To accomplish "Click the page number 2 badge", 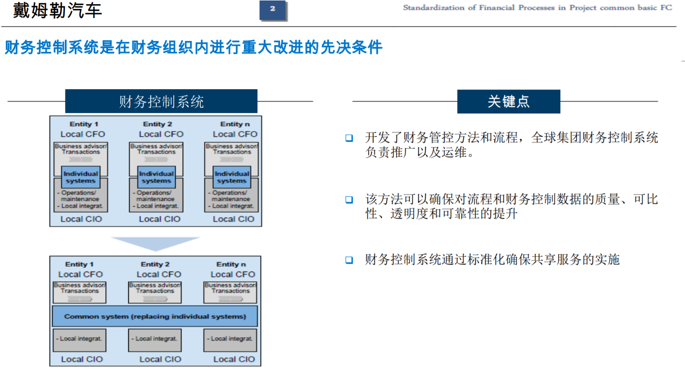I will pos(273,10).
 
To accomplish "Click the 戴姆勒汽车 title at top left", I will pos(57,10).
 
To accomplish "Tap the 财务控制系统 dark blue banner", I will pos(161,101).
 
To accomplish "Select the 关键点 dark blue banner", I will pos(509,101).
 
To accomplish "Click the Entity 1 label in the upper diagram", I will pos(84,124).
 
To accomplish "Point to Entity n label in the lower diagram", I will pos(231,264).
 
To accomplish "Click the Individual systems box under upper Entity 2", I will pos(156,177).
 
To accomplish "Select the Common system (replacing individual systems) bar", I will pos(155,316).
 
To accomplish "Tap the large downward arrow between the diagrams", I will pos(155,244).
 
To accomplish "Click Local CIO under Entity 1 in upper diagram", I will pos(81,219).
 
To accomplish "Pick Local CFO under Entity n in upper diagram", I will pos(235,134).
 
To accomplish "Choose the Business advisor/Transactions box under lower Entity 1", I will pos(80,292).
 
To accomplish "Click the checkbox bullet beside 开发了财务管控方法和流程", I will pos(349,138).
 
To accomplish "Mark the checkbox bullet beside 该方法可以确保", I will pos(349,199).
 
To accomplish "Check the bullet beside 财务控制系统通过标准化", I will pos(349,260).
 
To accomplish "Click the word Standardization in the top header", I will pos(433,8).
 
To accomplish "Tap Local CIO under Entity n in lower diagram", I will pos(234,359).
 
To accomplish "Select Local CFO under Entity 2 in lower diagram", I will pos(159,274).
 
